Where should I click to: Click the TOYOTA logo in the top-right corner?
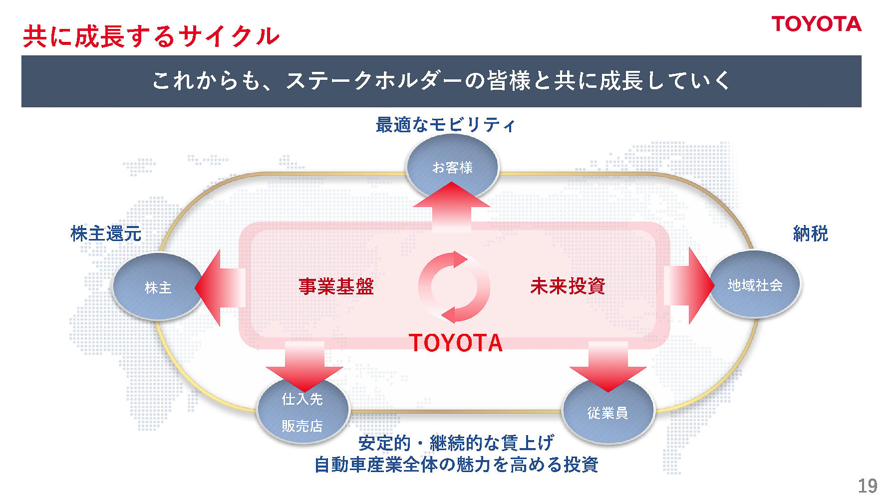coord(816,24)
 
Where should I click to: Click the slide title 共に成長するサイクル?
coord(151,36)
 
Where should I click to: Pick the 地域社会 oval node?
coord(755,285)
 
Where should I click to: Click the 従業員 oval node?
coord(607,413)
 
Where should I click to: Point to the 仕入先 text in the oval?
coord(302,399)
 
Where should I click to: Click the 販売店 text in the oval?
coord(302,426)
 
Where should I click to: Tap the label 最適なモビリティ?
coord(445,125)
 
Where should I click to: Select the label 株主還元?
coord(106,234)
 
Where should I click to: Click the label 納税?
coord(811,234)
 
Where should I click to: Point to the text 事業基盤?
coord(336,286)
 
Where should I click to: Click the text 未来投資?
coord(568,286)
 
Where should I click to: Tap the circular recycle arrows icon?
coord(454,287)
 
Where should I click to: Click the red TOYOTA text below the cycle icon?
coord(455,343)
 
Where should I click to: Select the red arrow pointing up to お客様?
coord(452,205)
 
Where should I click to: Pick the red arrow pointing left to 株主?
coord(220,288)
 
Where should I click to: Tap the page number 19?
coord(868,486)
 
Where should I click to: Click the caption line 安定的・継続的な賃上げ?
coord(456,443)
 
